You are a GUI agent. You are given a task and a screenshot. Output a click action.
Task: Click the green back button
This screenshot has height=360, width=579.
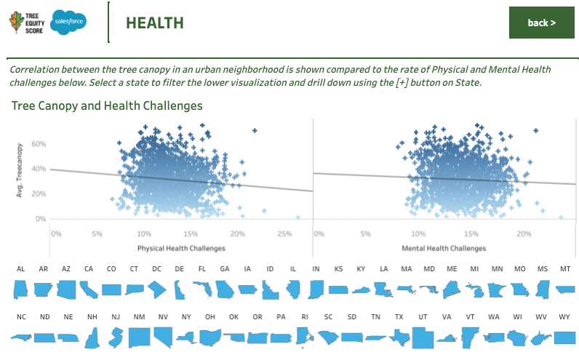pyautogui.click(x=542, y=23)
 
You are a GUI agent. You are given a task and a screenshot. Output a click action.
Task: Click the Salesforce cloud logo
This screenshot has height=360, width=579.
pyautogui.click(x=70, y=23)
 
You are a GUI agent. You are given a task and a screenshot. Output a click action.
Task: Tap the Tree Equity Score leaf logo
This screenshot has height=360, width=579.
pyautogui.click(x=15, y=23)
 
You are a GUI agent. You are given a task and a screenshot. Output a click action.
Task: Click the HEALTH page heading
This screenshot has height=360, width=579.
pyautogui.click(x=154, y=23)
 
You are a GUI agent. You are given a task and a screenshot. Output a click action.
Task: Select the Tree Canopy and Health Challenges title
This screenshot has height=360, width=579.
pyautogui.click(x=107, y=106)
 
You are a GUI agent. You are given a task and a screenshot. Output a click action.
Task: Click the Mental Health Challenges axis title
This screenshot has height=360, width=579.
pyautogui.click(x=444, y=248)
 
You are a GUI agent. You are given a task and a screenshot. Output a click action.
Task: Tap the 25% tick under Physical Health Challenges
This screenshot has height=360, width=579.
pyautogui.click(x=285, y=233)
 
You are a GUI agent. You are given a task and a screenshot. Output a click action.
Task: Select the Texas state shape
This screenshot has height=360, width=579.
pyautogui.click(x=399, y=337)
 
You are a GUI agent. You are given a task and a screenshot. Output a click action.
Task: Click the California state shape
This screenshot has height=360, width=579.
pyautogui.click(x=89, y=289)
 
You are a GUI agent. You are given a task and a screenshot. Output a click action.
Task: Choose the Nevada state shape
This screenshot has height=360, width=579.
pyautogui.click(x=163, y=337)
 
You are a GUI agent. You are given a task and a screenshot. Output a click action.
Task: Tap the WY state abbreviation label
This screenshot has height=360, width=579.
pyautogui.click(x=564, y=317)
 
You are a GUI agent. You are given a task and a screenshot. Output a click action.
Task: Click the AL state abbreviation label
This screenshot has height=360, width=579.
pyautogui.click(x=20, y=269)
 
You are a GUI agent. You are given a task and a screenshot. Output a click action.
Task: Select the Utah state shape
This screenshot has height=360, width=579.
pyautogui.click(x=423, y=337)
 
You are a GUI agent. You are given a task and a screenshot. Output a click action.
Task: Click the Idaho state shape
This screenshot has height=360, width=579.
pyautogui.click(x=270, y=289)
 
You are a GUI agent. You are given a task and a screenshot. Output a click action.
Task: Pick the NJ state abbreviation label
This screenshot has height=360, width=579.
pyautogui.click(x=116, y=317)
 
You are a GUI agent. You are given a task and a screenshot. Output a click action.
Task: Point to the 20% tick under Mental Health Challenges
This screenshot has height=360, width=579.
pyautogui.click(x=524, y=233)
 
